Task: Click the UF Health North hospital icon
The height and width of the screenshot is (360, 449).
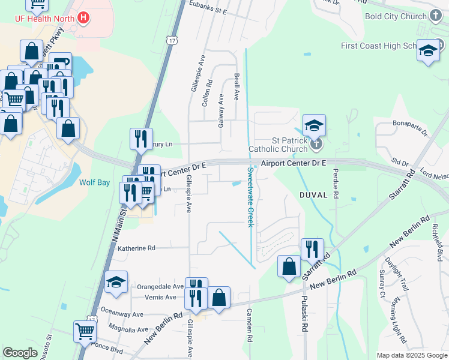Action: coord(84,18)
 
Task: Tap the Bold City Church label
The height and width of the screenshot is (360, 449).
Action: coord(396,16)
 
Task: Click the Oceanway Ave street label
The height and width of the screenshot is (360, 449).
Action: coord(122,313)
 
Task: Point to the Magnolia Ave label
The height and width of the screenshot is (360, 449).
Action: coord(128,329)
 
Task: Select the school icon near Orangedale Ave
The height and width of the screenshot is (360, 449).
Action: coord(116,283)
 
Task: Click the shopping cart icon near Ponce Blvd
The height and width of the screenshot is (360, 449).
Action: coord(85,330)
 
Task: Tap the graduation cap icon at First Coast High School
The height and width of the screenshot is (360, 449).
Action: coord(428,50)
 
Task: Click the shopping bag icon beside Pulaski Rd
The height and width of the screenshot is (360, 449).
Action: coord(289,266)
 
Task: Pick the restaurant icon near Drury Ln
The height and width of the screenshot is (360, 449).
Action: coord(141,139)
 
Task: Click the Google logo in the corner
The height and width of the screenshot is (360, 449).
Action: coord(20,353)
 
